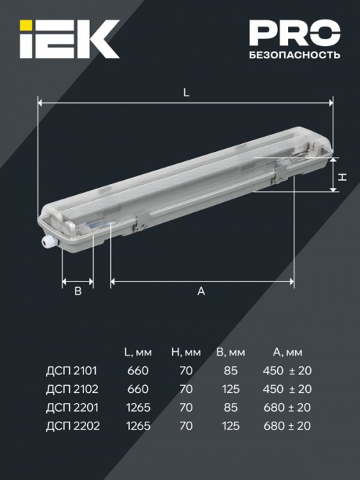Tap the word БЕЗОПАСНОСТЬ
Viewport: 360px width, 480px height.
tap(294, 55)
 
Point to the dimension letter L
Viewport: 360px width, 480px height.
tap(186, 93)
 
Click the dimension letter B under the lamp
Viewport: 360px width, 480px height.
tap(78, 291)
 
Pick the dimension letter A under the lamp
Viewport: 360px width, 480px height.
tap(202, 291)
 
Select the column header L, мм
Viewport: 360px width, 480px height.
tap(138, 352)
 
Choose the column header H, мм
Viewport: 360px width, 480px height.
tap(186, 352)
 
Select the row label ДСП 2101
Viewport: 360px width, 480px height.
tap(71, 371)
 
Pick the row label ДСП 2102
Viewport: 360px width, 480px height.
tap(71, 389)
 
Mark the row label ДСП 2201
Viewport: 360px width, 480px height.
tap(71, 408)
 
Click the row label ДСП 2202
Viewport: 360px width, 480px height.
tap(71, 427)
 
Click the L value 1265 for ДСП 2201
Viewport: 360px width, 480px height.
tap(137, 408)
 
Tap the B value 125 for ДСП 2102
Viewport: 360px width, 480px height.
tap(231, 389)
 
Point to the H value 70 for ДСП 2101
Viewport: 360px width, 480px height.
tap(186, 371)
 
